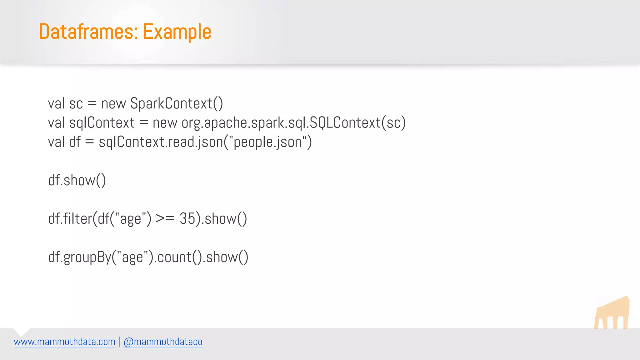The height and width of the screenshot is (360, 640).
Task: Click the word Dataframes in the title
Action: click(x=88, y=32)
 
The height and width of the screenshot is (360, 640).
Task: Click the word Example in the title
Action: click(x=177, y=32)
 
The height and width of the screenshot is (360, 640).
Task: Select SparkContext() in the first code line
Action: click(x=177, y=104)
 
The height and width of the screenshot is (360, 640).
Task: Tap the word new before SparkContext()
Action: click(x=113, y=104)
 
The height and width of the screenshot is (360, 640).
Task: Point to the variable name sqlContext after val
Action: click(x=102, y=123)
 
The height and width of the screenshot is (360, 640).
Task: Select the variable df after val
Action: click(x=75, y=142)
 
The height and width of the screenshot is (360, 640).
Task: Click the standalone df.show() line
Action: click(x=77, y=181)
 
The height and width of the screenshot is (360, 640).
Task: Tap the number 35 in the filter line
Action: click(x=187, y=219)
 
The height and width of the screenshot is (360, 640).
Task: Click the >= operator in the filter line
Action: click(x=165, y=219)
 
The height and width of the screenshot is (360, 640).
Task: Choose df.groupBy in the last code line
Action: click(x=80, y=257)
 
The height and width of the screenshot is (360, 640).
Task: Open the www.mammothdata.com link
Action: click(x=65, y=342)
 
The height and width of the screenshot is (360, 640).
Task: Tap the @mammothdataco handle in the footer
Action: click(x=163, y=342)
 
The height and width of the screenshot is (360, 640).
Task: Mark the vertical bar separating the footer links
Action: click(x=119, y=342)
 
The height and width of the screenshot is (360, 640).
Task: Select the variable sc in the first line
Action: click(x=76, y=104)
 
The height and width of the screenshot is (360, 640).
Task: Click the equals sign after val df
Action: click(x=89, y=142)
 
